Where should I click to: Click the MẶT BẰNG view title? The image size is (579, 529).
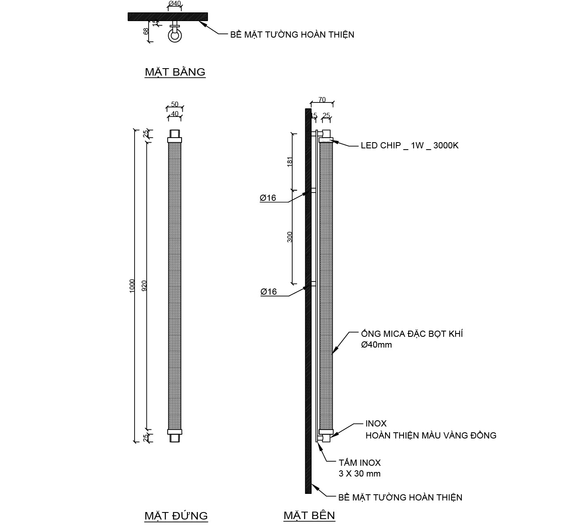[x=175, y=72]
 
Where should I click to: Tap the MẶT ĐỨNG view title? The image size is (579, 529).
[x=176, y=516]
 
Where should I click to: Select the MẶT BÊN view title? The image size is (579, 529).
[x=309, y=515]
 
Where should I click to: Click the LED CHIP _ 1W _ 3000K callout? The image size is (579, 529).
[x=409, y=145]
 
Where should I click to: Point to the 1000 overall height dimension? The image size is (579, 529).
[x=132, y=286]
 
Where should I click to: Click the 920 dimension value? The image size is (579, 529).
[x=144, y=286]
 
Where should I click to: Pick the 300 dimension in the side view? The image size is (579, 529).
[x=290, y=237]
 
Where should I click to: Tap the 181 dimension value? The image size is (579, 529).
[x=290, y=161]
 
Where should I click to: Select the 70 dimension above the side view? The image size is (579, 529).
[x=322, y=100]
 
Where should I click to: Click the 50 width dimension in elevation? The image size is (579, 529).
[x=175, y=104]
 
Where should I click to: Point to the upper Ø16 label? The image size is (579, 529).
[x=268, y=198]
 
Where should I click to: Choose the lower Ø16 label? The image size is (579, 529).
[x=268, y=292]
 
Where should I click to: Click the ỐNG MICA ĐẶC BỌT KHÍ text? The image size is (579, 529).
[x=411, y=334]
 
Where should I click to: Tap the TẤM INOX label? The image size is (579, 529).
[x=359, y=463]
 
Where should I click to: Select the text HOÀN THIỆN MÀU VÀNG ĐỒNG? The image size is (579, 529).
[x=430, y=435]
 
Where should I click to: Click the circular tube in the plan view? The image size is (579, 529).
[x=175, y=36]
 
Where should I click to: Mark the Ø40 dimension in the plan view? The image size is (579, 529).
[x=175, y=4]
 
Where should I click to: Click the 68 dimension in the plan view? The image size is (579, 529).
[x=146, y=31]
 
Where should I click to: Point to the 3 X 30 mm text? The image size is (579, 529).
[x=359, y=474]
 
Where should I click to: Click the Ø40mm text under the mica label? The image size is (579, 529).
[x=376, y=345]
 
